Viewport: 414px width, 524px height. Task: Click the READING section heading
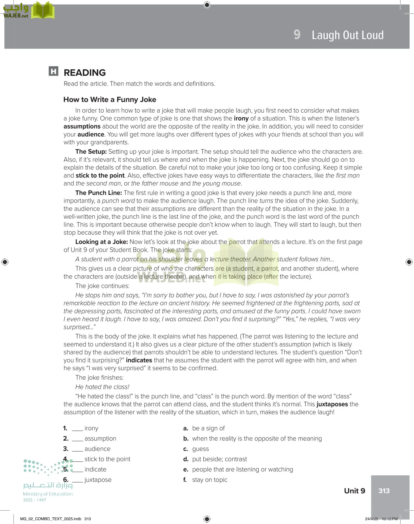[84, 72]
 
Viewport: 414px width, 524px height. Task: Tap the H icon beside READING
[53, 71]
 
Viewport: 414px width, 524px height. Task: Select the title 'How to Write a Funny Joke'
[110, 100]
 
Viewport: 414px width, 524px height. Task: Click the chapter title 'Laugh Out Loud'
[347, 35]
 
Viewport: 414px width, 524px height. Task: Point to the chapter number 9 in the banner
[297, 35]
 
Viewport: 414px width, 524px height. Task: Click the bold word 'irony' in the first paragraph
[241, 118]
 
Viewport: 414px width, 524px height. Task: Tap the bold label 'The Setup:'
[91, 152]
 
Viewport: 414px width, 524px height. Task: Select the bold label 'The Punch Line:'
[98, 193]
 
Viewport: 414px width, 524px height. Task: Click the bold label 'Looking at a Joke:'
[101, 242]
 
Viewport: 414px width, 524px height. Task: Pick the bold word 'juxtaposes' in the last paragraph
[332, 404]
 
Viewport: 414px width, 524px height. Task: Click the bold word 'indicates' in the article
[139, 360]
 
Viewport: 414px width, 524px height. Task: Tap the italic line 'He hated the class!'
[102, 387]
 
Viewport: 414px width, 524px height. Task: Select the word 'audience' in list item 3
[97, 449]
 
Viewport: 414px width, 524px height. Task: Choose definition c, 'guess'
[200, 449]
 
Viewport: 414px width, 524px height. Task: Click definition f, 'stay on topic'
[209, 480]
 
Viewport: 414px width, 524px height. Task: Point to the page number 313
[384, 491]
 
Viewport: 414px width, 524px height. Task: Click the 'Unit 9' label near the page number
[354, 491]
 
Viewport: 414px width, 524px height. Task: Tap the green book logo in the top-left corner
[43, 11]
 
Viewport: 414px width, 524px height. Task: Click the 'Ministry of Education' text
[48, 494]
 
